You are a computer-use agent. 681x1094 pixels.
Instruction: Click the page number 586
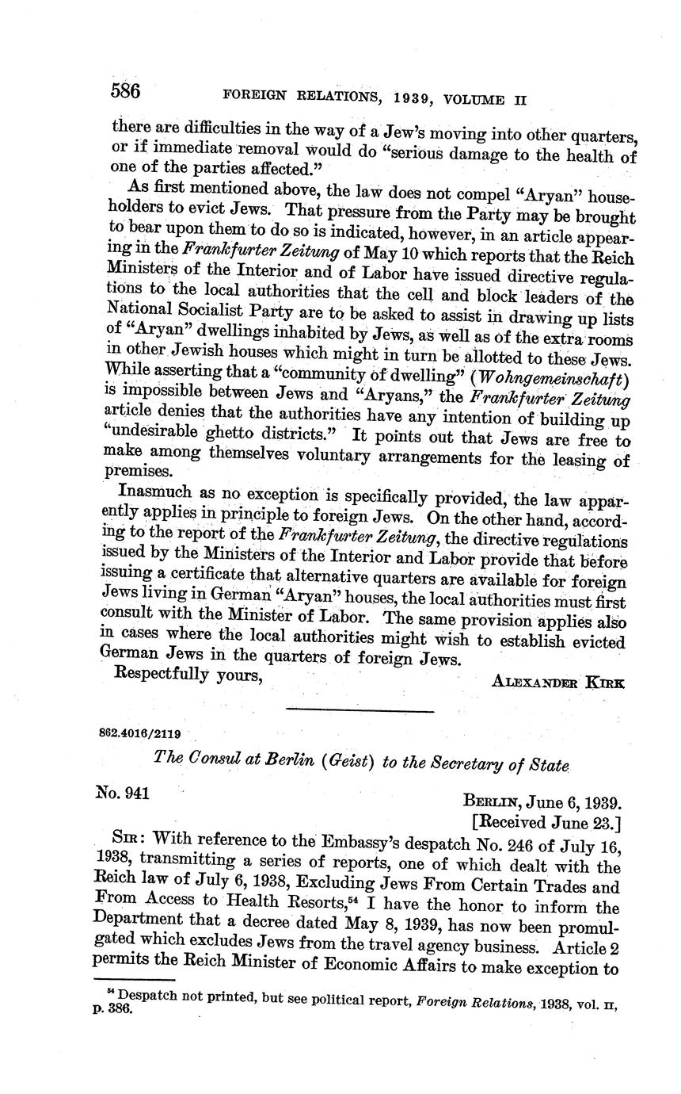pos(125,91)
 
